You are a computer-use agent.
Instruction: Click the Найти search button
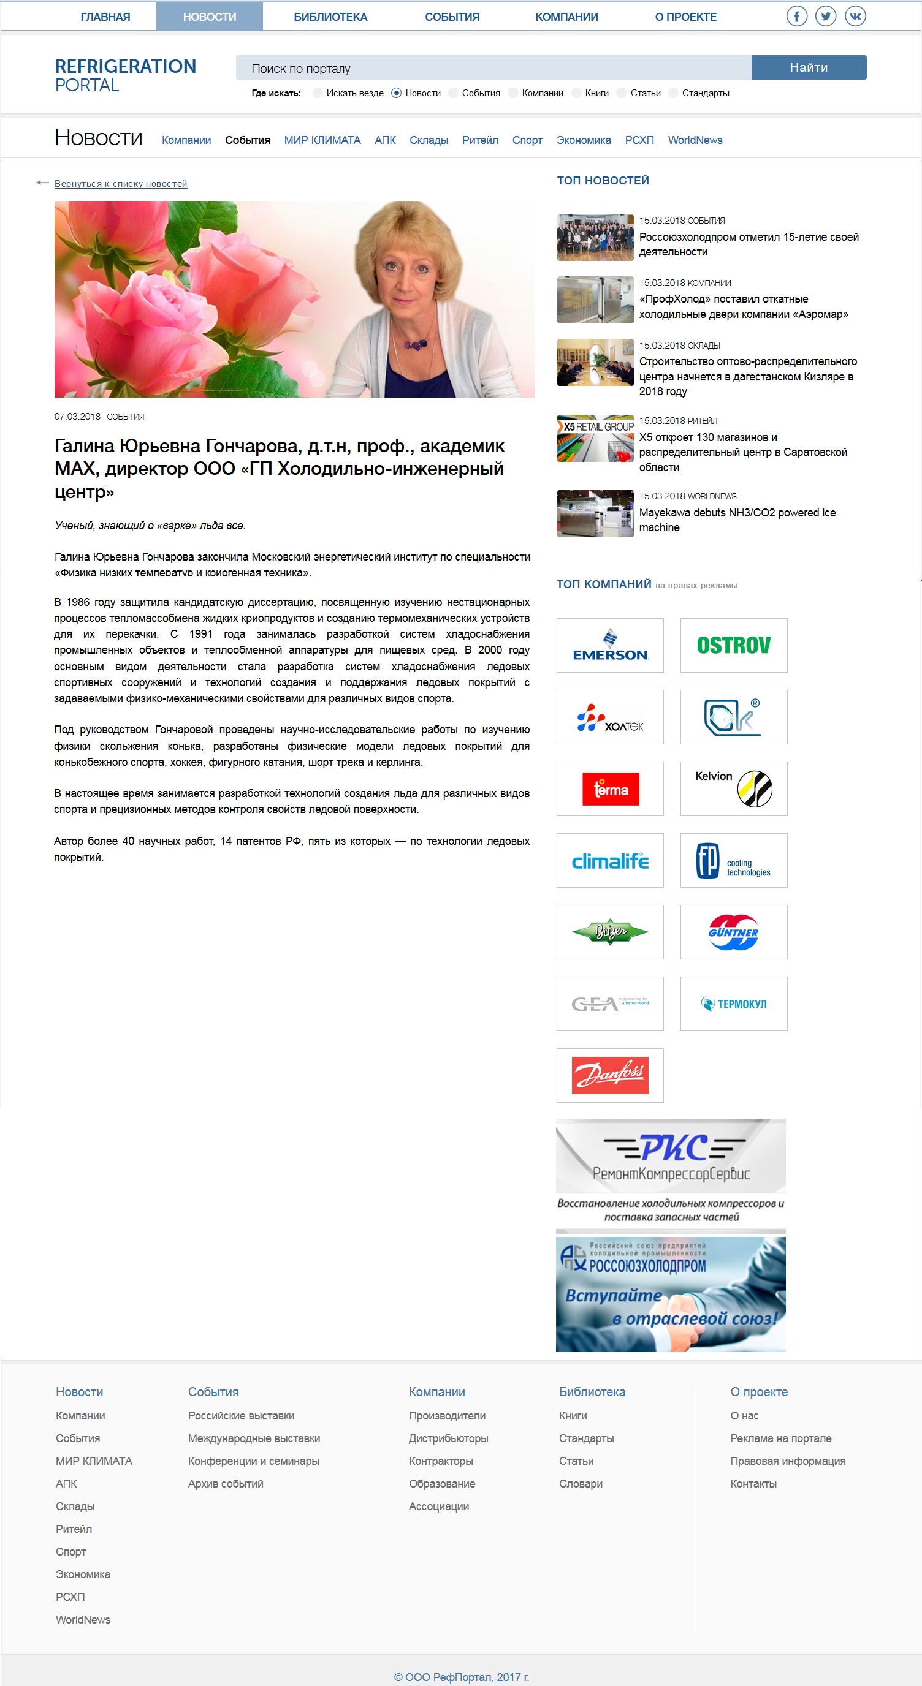pyautogui.click(x=808, y=67)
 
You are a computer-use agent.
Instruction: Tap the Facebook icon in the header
pyautogui.click(x=796, y=17)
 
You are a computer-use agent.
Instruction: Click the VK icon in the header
pyautogui.click(x=855, y=17)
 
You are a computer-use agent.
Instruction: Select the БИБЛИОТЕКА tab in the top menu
pyautogui.click(x=330, y=17)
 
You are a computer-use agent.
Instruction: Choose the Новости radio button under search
pyautogui.click(x=396, y=93)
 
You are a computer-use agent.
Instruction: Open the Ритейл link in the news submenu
pyautogui.click(x=480, y=140)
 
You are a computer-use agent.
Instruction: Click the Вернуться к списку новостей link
pyautogui.click(x=121, y=184)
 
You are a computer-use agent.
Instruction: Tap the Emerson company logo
pyautogui.click(x=609, y=645)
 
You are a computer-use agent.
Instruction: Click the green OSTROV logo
pyautogui.click(x=733, y=645)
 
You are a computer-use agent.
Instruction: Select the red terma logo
pyautogui.click(x=609, y=788)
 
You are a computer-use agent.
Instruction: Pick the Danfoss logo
pyautogui.click(x=609, y=1075)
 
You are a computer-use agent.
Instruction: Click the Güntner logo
pyautogui.click(x=733, y=932)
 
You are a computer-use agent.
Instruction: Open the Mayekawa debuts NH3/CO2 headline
pyautogui.click(x=737, y=520)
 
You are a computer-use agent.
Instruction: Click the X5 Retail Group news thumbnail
pyautogui.click(x=595, y=439)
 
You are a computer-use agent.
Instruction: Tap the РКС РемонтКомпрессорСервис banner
pyautogui.click(x=671, y=1171)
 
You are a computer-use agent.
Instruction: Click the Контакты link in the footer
pyautogui.click(x=753, y=1484)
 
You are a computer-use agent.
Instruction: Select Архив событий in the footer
pyautogui.click(x=225, y=1484)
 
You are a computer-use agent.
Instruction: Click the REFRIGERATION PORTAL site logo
pyautogui.click(x=125, y=75)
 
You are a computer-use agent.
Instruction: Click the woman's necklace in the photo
pyautogui.click(x=414, y=344)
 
